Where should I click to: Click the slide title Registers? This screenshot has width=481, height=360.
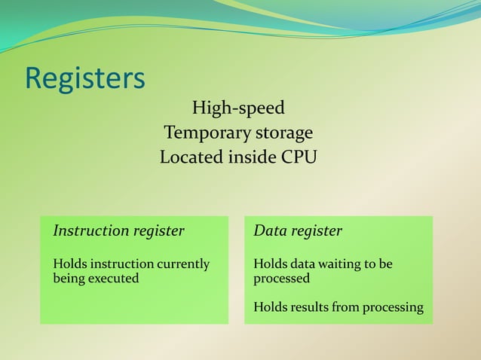(84, 78)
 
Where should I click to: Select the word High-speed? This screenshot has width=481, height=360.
(238, 108)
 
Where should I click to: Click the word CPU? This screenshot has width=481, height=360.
(299, 158)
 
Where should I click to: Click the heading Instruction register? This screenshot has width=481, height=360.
(118, 231)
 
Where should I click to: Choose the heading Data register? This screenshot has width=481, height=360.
(297, 231)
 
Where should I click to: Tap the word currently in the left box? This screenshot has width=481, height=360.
(182, 264)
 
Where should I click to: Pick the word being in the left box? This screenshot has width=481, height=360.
(65, 278)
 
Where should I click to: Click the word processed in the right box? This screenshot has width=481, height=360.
(281, 278)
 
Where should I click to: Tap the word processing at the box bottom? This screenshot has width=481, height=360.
(393, 307)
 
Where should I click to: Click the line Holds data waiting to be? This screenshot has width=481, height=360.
(323, 264)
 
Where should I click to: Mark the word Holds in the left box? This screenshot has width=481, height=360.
(69, 264)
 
